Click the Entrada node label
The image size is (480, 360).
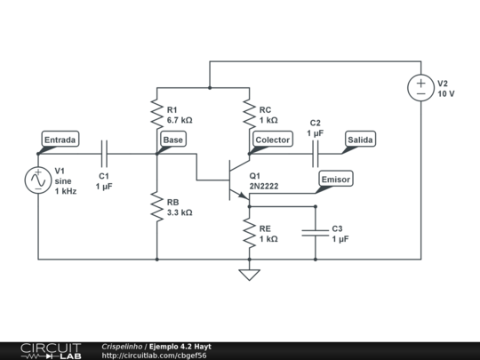(60, 140)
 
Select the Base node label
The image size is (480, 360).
(173, 140)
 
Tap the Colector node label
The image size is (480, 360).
(273, 140)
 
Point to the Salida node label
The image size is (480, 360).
(360, 140)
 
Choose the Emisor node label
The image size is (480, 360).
(336, 179)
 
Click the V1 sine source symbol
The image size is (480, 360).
(38, 180)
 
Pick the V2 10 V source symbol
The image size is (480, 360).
(421, 87)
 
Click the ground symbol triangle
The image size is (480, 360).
(249, 275)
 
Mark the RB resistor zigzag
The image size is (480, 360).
(157, 206)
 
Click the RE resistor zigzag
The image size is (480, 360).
(249, 233)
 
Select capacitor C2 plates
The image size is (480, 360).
(316, 154)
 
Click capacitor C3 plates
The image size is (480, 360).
(316, 233)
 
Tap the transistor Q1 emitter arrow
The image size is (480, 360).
(244, 196)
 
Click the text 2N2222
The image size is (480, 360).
(264, 186)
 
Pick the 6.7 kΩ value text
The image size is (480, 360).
(180, 120)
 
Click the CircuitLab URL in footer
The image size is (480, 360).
(154, 356)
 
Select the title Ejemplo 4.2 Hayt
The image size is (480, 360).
(180, 347)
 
